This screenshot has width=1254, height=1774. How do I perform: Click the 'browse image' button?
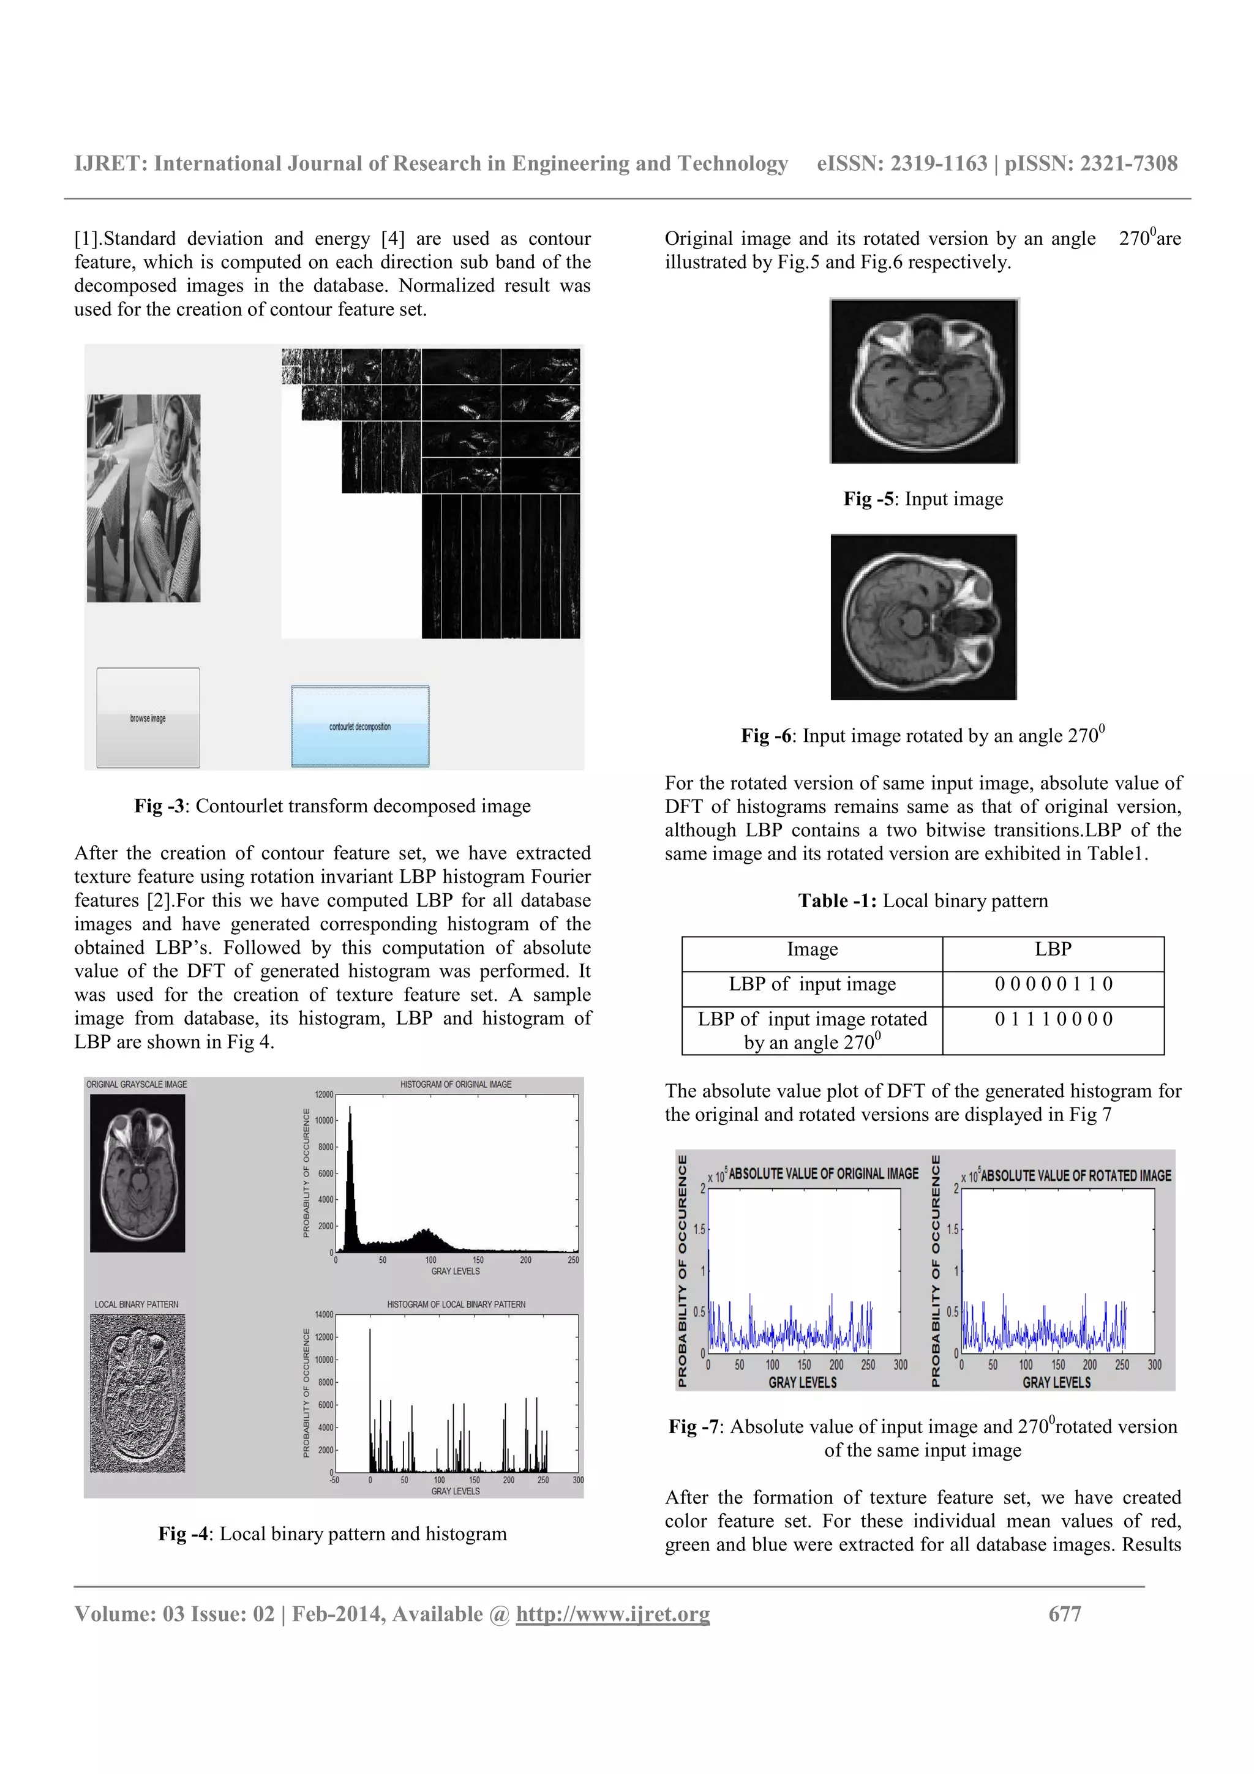point(148,718)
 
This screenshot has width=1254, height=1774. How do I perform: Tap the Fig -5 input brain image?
point(924,381)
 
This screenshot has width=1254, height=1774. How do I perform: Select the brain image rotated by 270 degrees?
point(923,617)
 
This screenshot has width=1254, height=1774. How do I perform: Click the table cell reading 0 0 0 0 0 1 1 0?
point(1053,984)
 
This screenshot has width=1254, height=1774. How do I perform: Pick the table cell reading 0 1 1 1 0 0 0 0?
point(1053,1020)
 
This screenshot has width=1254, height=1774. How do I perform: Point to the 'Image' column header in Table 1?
point(812,949)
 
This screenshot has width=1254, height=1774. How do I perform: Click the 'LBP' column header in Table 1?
point(1053,949)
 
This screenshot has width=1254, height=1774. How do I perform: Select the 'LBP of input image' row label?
point(812,984)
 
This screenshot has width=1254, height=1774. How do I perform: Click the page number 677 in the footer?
point(1064,1614)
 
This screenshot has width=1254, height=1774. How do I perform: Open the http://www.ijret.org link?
point(613,1614)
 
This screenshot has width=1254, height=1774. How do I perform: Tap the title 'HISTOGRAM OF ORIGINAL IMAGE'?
point(456,1085)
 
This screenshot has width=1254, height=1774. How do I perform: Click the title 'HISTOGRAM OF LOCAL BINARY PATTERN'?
point(456,1305)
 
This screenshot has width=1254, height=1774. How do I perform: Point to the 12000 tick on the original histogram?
point(324,1095)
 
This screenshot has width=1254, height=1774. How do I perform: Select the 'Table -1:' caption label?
point(838,902)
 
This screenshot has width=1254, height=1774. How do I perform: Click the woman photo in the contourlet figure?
point(144,498)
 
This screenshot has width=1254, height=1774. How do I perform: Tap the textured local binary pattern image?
point(138,1393)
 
